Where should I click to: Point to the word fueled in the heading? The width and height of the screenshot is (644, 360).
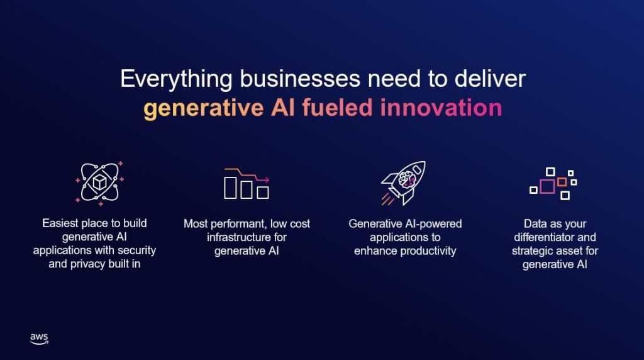click(338, 108)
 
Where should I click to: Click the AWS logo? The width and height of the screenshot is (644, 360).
click(39, 339)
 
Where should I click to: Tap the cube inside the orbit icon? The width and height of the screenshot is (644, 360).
click(99, 182)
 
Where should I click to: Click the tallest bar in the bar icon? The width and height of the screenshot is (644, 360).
click(230, 187)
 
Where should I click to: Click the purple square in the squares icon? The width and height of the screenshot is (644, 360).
click(547, 186)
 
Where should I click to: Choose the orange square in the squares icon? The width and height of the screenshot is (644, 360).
click(562, 182)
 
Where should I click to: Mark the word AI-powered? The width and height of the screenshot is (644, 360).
click(433, 224)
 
